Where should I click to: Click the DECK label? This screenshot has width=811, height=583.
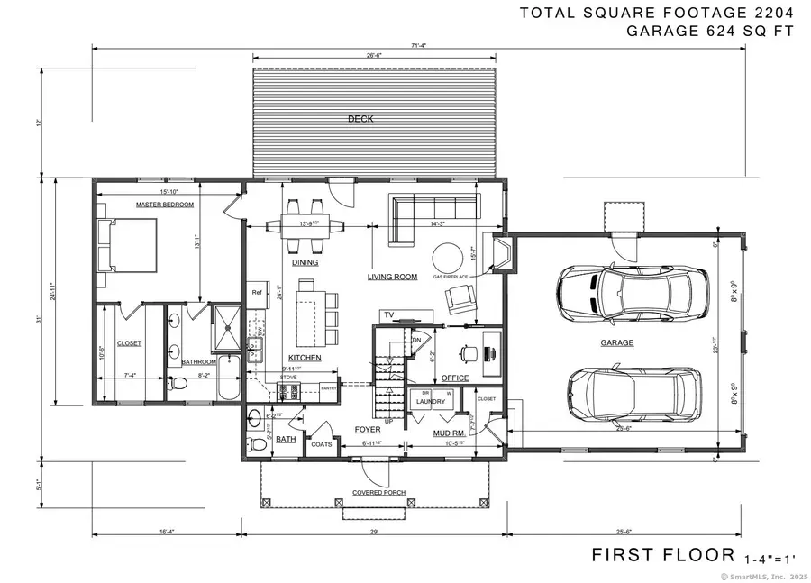(360, 118)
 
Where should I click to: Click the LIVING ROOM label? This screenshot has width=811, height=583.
(392, 277)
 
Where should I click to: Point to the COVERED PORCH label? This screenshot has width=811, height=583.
(378, 493)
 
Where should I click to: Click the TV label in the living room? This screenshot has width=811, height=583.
(389, 314)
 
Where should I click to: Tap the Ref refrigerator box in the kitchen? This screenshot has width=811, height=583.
(256, 292)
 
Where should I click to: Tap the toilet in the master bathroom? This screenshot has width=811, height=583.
(178, 385)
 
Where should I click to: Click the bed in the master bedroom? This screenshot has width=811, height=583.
(130, 245)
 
